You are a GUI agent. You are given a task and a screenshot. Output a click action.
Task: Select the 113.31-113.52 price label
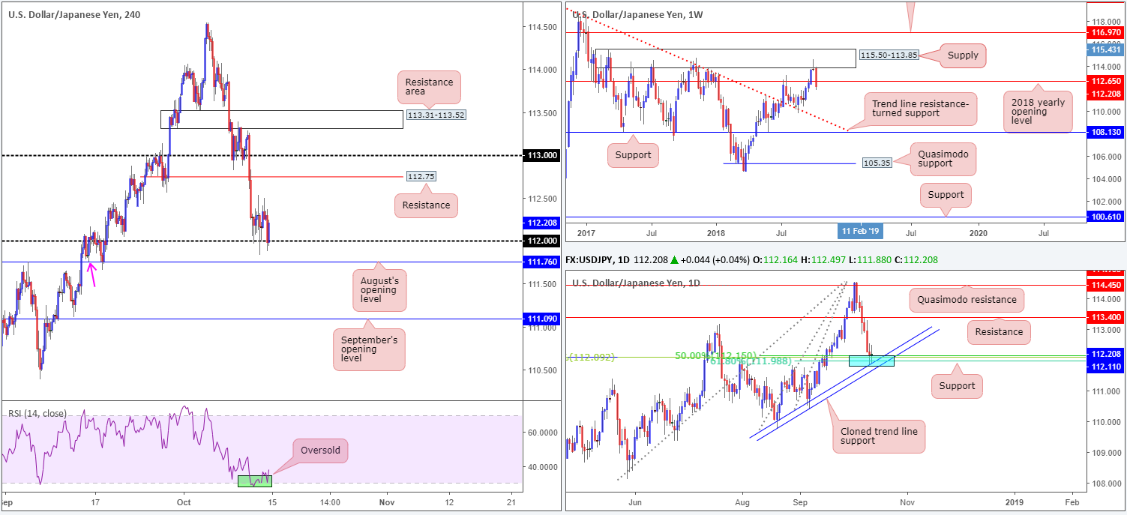coord(432,115)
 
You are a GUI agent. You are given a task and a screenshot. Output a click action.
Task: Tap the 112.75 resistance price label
coord(420,176)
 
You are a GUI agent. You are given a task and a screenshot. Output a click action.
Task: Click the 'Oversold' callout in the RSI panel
coord(322,451)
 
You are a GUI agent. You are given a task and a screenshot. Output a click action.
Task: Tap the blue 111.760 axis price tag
coord(539,262)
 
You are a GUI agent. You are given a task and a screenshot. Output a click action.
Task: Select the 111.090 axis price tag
coord(539,319)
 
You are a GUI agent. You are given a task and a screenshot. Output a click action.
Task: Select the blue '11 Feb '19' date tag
coord(860,231)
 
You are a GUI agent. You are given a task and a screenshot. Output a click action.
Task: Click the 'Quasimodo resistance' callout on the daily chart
coord(966,299)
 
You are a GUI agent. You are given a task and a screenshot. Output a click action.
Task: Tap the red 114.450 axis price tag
coord(1105,286)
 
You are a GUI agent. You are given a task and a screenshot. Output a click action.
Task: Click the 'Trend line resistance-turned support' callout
coord(920,109)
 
